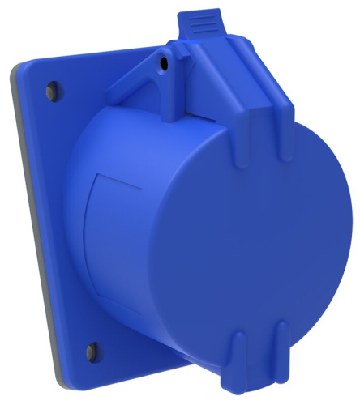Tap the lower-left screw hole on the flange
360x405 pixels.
click(90, 350)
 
